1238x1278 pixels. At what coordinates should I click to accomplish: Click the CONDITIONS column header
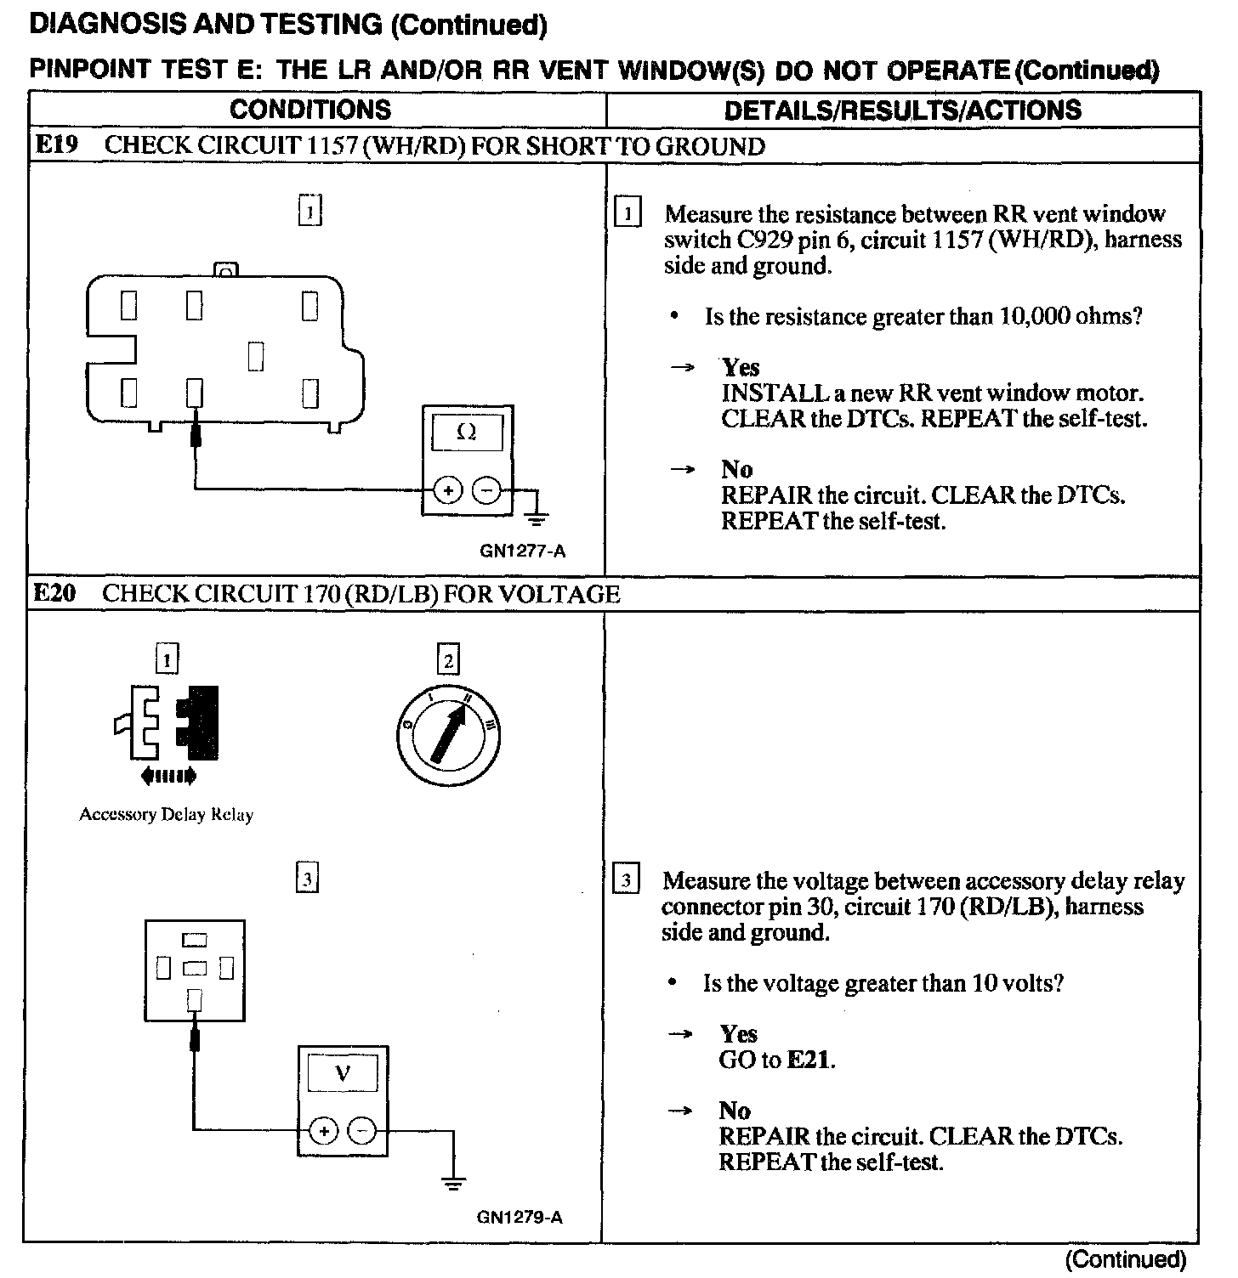point(310,110)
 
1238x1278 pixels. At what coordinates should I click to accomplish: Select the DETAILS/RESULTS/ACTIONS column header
point(902,110)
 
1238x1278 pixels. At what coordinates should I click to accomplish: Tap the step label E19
point(55,144)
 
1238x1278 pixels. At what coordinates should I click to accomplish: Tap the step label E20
point(54,593)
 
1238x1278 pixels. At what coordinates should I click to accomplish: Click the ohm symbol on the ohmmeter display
point(467,432)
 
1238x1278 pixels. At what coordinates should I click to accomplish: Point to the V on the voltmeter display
point(343,1073)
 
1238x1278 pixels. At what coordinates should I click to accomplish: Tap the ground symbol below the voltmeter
point(453,1181)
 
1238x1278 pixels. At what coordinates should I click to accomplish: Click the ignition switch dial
point(447,733)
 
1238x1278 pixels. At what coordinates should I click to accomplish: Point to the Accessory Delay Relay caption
point(167,815)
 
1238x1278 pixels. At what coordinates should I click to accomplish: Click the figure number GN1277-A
point(522,551)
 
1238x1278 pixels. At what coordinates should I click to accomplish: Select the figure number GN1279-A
point(520,1218)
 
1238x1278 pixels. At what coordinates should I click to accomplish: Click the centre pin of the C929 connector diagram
point(256,356)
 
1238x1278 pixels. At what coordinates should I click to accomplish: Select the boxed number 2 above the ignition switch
point(447,660)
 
